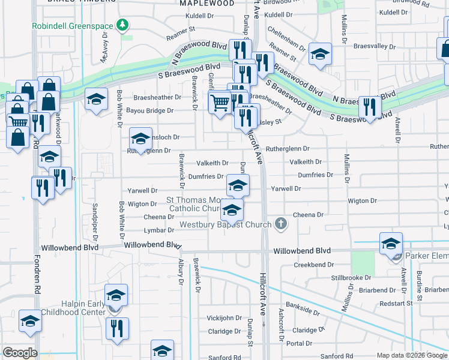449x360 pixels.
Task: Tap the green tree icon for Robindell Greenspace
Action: click(122, 25)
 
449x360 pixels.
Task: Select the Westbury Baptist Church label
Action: click(226, 226)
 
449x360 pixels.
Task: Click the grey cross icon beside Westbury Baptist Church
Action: click(280, 225)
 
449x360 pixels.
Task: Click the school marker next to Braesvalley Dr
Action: click(321, 55)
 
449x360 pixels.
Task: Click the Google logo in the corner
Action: click(20, 353)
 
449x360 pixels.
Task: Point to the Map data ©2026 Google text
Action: click(412, 355)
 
